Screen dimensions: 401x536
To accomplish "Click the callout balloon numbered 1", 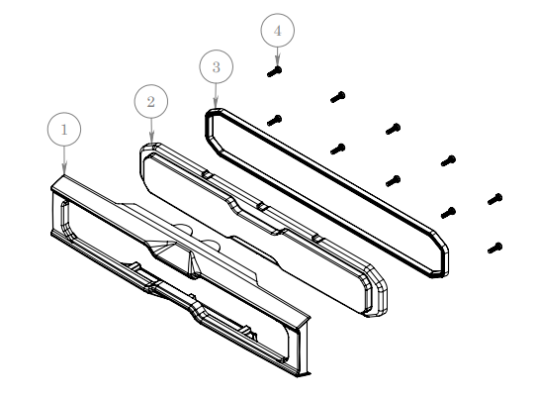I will click(64, 129).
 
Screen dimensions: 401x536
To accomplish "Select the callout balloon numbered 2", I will click(150, 101).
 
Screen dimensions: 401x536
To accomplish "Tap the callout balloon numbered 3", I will click(217, 67).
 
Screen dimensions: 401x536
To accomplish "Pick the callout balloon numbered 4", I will click(277, 31).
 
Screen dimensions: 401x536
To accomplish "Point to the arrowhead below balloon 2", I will click(151, 140).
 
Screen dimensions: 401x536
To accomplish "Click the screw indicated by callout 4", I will click(275, 70).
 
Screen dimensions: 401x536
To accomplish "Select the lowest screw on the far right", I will click(495, 247).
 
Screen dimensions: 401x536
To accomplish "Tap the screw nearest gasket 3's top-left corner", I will click(275, 120).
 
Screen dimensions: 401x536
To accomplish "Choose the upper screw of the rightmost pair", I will click(495, 199).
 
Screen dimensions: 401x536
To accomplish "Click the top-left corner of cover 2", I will click(147, 150).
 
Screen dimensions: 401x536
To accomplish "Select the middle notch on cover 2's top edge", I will click(261, 206).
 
